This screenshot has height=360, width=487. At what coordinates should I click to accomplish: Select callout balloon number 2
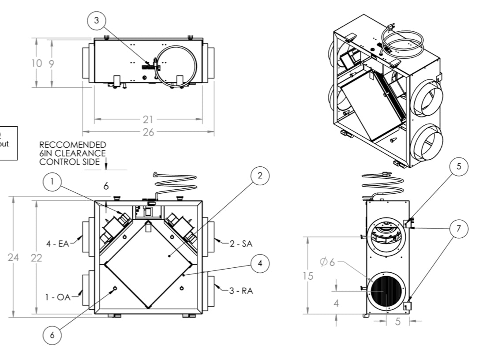pyautogui.click(x=260, y=175)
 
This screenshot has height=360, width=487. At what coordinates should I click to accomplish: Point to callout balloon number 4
pyautogui.click(x=260, y=263)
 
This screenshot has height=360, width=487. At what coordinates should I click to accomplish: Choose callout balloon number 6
pyautogui.click(x=52, y=335)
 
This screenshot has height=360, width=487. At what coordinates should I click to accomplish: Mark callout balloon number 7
pyautogui.click(x=458, y=228)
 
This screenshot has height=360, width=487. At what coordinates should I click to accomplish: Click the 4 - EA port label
pyautogui.click(x=58, y=243)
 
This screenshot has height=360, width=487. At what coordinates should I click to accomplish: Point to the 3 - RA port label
pyautogui.click(x=241, y=291)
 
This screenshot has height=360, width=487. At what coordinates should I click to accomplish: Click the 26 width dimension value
pyautogui.click(x=148, y=132)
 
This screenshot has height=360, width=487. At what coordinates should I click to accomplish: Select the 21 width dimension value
pyautogui.click(x=148, y=119)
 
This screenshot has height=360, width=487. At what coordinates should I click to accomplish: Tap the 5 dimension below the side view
pyautogui.click(x=398, y=322)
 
